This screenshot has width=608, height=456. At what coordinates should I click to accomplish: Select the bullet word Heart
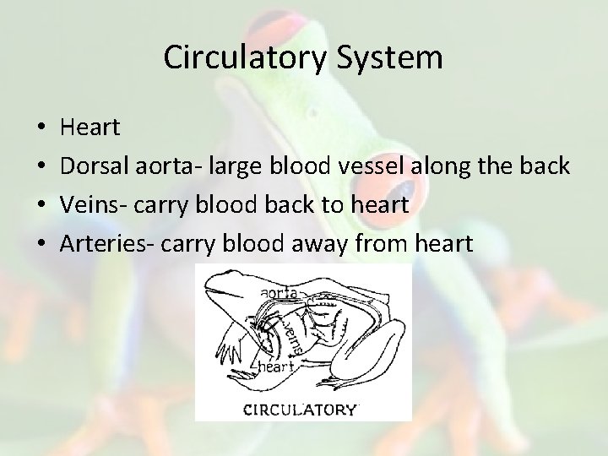pyautogui.click(x=90, y=128)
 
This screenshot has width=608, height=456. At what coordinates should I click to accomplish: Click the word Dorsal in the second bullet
pyautogui.click(x=95, y=166)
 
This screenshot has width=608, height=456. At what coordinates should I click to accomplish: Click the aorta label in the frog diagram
pyautogui.click(x=278, y=290)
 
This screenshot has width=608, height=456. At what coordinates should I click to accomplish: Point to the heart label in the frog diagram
pyautogui.click(x=275, y=366)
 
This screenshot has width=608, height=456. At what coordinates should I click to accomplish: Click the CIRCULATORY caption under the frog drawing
pyautogui.click(x=300, y=410)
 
